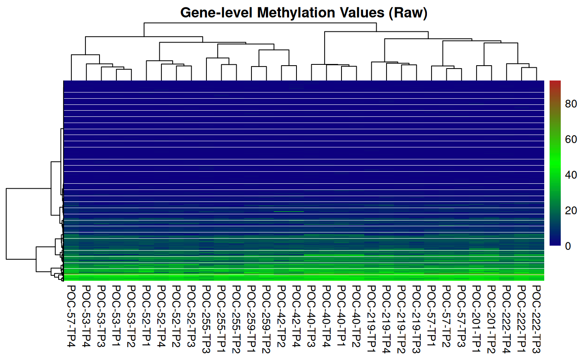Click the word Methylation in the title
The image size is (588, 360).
pyautogui.click(x=296, y=13)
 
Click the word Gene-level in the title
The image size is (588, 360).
pyautogui.click(x=216, y=13)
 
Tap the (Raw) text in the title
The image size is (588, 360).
pyautogui.click(x=408, y=13)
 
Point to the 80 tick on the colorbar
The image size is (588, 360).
pyautogui.click(x=571, y=104)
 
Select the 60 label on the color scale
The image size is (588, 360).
pyautogui.click(x=571, y=140)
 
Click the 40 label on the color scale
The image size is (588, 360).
pyautogui.click(x=571, y=175)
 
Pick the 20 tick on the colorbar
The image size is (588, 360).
pyautogui.click(x=571, y=211)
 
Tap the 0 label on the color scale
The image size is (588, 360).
pyautogui.click(x=568, y=246)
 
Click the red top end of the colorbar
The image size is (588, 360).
pyautogui.click(x=555, y=83)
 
